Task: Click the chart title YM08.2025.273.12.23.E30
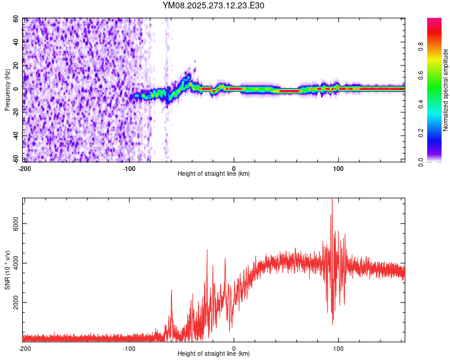click(x=213, y=5)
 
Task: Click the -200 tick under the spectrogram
click(x=25, y=169)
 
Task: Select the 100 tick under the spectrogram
click(x=338, y=169)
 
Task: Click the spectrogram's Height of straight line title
click(x=214, y=174)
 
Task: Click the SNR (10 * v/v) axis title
click(x=7, y=270)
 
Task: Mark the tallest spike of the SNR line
click(x=332, y=200)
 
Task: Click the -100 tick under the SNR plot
click(x=129, y=349)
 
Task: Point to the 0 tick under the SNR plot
click(x=234, y=349)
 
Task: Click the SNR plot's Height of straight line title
click(x=214, y=354)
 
